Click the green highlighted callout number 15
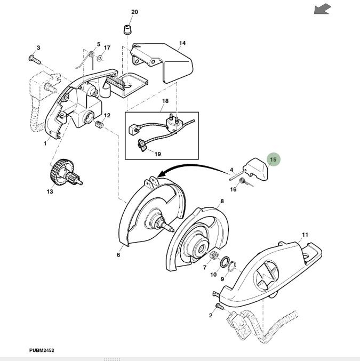[x=273, y=159]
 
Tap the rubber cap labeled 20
[x=127, y=28]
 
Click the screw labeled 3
[x=35, y=58]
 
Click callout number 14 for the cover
[x=182, y=43]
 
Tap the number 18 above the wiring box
[x=165, y=101]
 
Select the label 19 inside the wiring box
[x=158, y=154]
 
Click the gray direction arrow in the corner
[x=322, y=9]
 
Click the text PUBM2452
[x=42, y=350]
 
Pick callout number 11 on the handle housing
[x=305, y=235]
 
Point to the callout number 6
[x=118, y=255]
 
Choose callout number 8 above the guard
[x=222, y=201]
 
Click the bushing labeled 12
[x=98, y=125]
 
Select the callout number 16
[x=233, y=189]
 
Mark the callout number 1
[x=45, y=143]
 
